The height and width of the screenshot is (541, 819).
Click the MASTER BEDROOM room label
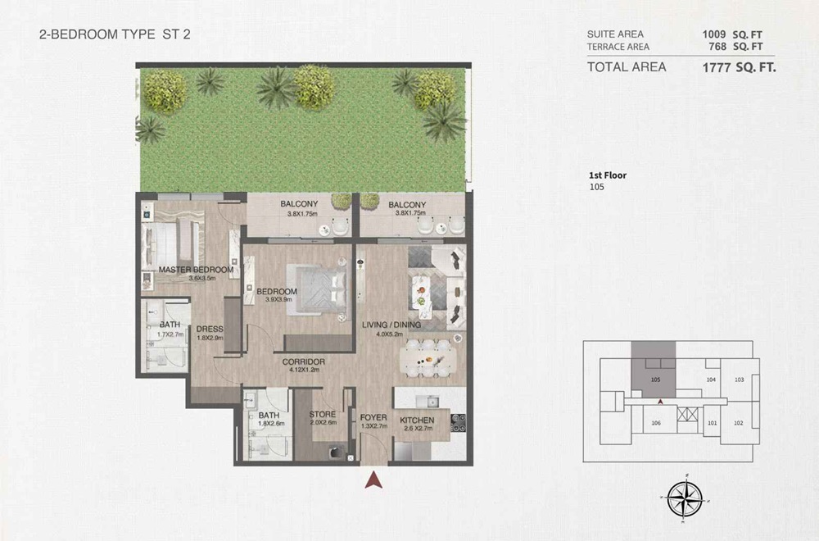[x=196, y=270]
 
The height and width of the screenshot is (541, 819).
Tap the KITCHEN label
[x=417, y=421]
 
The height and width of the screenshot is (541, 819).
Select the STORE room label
[x=323, y=414]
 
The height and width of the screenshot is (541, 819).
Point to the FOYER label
[x=373, y=418]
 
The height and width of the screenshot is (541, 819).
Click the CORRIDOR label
[x=305, y=361]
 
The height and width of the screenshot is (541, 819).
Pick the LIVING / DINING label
[x=391, y=325]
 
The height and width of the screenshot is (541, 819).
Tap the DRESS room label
[x=210, y=330]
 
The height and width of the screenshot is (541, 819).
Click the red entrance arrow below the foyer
[x=374, y=480]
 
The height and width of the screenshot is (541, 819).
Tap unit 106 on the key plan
[x=655, y=423]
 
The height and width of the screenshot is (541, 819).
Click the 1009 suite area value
[x=713, y=34]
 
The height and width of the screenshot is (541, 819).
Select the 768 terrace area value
[x=717, y=47]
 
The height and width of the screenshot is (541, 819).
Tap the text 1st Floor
[x=608, y=175]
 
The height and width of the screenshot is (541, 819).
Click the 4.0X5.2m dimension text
[x=391, y=334]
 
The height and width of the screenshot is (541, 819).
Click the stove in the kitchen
[x=459, y=423]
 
